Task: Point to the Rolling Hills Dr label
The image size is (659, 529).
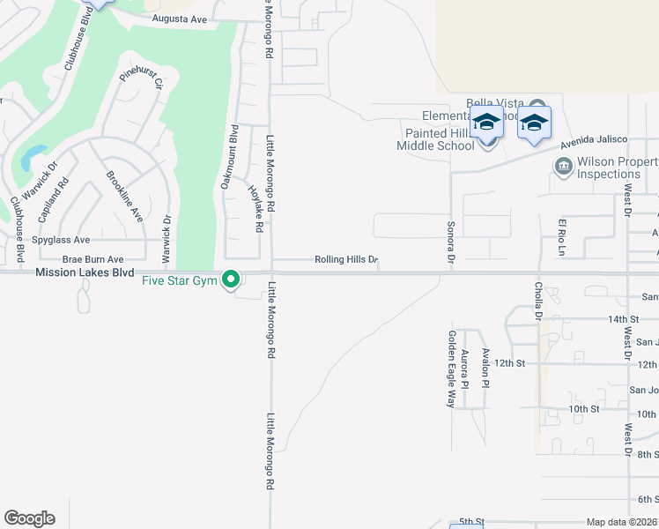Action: (346, 260)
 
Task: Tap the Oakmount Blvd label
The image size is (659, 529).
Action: (233, 157)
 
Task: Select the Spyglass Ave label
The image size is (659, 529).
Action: (61, 240)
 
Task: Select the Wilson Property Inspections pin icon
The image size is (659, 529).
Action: (562, 166)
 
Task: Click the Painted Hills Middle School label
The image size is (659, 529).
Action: (434, 139)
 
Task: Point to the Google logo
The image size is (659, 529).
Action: (29, 518)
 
